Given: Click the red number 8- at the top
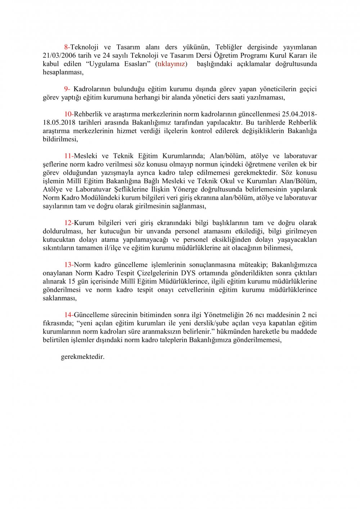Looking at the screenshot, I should click(67, 47).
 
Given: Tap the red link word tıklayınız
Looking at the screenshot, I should click(171, 64).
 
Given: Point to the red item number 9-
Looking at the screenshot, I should click(67, 89).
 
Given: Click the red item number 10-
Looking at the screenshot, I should click(69, 114).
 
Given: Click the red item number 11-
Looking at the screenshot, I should click(69, 156).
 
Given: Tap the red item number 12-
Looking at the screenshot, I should click(69, 223).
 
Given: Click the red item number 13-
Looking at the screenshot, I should click(69, 265).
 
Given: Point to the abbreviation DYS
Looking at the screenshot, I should click(188, 273).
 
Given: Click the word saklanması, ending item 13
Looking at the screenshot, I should click(60, 298).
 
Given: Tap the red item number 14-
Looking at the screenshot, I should click(69, 315).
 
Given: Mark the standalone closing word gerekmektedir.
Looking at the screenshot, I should click(83, 357).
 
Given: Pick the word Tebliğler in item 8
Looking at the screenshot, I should click(229, 47).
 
